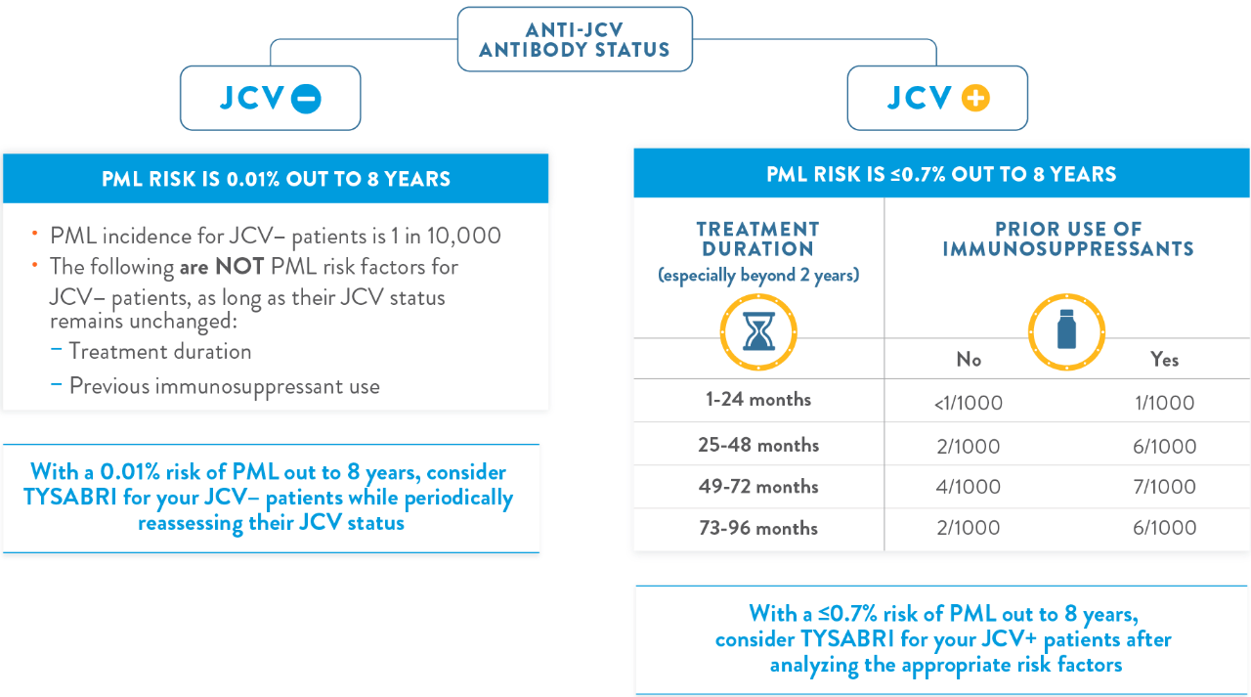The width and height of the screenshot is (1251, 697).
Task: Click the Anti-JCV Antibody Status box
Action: click(x=575, y=38)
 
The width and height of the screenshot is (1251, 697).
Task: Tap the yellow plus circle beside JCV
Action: click(x=975, y=99)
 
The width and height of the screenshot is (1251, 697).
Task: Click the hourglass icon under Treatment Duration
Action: click(x=757, y=329)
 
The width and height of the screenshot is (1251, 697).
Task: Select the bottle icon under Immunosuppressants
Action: click(x=1066, y=329)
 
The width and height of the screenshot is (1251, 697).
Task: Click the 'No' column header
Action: click(x=969, y=360)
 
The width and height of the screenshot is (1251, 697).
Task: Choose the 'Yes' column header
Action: click(x=1164, y=360)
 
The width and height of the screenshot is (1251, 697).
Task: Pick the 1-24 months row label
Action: click(x=758, y=400)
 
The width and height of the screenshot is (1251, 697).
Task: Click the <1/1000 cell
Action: click(x=969, y=403)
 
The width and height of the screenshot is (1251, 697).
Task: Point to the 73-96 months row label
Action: click(x=758, y=528)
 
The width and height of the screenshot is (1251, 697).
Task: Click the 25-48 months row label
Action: click(x=758, y=445)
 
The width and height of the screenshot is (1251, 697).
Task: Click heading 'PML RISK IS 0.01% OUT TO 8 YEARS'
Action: click(x=277, y=179)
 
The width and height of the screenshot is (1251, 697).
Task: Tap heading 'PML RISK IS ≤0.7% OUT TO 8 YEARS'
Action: click(x=941, y=175)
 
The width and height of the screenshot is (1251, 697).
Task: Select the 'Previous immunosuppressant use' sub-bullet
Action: click(x=224, y=386)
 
